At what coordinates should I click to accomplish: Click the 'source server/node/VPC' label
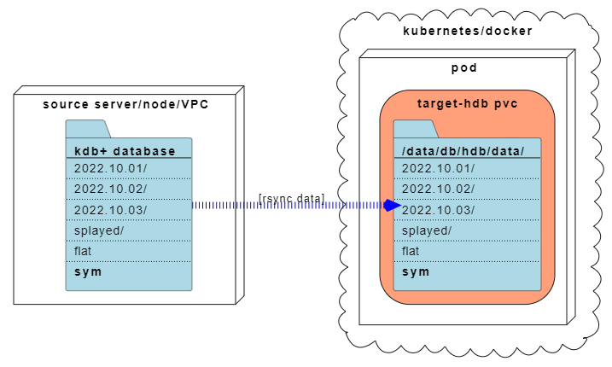pos(125,104)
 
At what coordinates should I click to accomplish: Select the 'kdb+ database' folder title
pos(125,151)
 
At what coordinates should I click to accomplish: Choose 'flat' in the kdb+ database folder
pos(83,251)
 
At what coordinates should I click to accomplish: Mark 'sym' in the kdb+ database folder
pos(88,271)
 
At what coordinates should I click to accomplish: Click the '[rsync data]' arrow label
pos(291,198)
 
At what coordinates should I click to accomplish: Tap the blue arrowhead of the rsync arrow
pos(392,205)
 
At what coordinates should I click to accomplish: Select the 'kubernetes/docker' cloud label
pos(467,31)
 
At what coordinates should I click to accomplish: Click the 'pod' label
pos(463,67)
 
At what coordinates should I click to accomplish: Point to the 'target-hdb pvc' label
pos(467,103)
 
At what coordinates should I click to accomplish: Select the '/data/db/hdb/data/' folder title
pos(463,151)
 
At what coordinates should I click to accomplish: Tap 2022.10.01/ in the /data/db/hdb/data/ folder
pos(439,168)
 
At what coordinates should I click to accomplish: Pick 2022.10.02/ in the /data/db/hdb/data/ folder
pos(439,189)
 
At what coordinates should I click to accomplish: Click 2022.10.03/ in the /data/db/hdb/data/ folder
pos(439,210)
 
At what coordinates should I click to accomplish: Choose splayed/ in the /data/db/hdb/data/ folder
pos(427,230)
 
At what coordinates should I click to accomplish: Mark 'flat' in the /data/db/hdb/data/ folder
pos(411,251)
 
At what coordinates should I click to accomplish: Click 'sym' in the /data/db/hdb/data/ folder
pos(416,271)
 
